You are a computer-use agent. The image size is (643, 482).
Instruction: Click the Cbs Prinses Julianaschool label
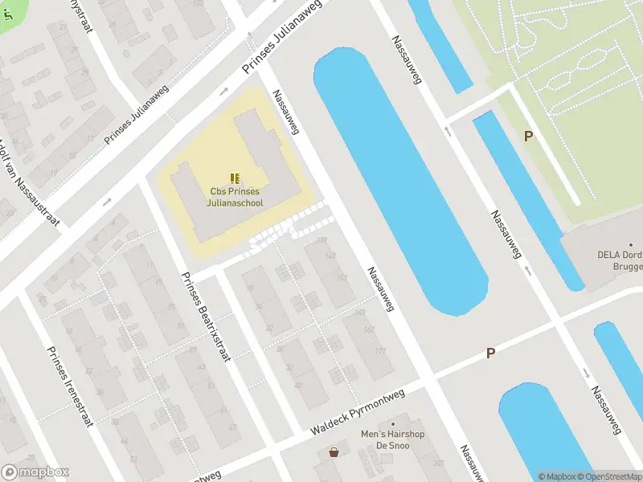(235, 197)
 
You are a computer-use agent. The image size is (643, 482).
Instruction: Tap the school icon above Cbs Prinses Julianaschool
(235, 178)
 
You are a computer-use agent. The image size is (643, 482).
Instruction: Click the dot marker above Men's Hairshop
(393, 424)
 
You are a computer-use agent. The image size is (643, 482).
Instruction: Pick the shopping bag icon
(333, 452)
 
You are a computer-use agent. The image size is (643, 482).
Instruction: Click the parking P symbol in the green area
(528, 137)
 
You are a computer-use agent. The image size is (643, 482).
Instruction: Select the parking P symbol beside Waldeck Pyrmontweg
(490, 353)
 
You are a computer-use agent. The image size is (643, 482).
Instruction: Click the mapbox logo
(35, 472)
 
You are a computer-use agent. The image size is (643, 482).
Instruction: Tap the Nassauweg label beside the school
(286, 112)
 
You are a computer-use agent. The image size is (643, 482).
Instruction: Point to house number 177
(380, 350)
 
